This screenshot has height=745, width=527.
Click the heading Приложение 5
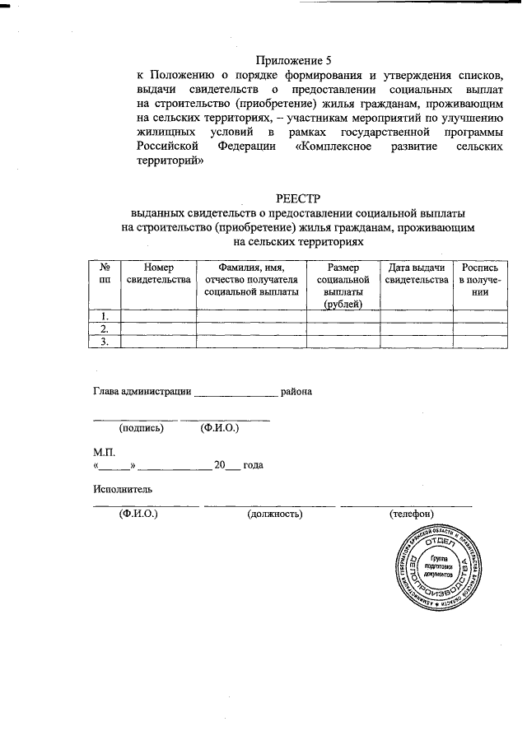(x=292, y=60)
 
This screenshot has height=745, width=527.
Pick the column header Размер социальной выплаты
(x=343, y=285)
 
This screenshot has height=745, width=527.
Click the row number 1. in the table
(x=105, y=316)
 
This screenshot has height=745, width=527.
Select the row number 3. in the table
(x=105, y=342)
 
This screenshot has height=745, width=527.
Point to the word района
(x=296, y=392)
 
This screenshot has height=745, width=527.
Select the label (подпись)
(x=142, y=428)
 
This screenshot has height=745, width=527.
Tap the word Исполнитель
(x=123, y=490)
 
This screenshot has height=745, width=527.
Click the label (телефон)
(x=412, y=515)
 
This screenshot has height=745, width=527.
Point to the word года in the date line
(x=253, y=465)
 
